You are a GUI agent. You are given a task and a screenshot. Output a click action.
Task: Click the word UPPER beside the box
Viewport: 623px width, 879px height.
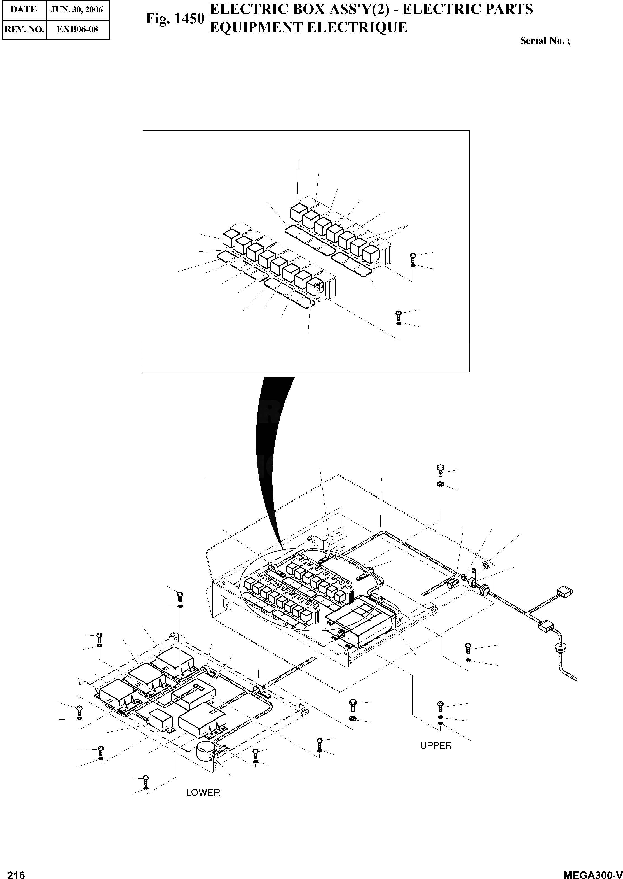(x=436, y=745)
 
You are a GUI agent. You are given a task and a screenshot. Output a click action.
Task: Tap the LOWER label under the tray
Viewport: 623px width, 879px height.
(x=203, y=793)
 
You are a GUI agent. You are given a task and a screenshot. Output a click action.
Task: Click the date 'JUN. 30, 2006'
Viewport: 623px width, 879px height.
(x=77, y=10)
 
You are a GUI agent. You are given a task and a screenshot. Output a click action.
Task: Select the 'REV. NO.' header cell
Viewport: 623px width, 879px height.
(x=24, y=29)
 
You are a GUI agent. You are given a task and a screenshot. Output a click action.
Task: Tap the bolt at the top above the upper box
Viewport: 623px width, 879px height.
(x=441, y=470)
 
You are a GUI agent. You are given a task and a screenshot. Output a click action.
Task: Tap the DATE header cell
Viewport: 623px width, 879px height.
(x=24, y=10)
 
